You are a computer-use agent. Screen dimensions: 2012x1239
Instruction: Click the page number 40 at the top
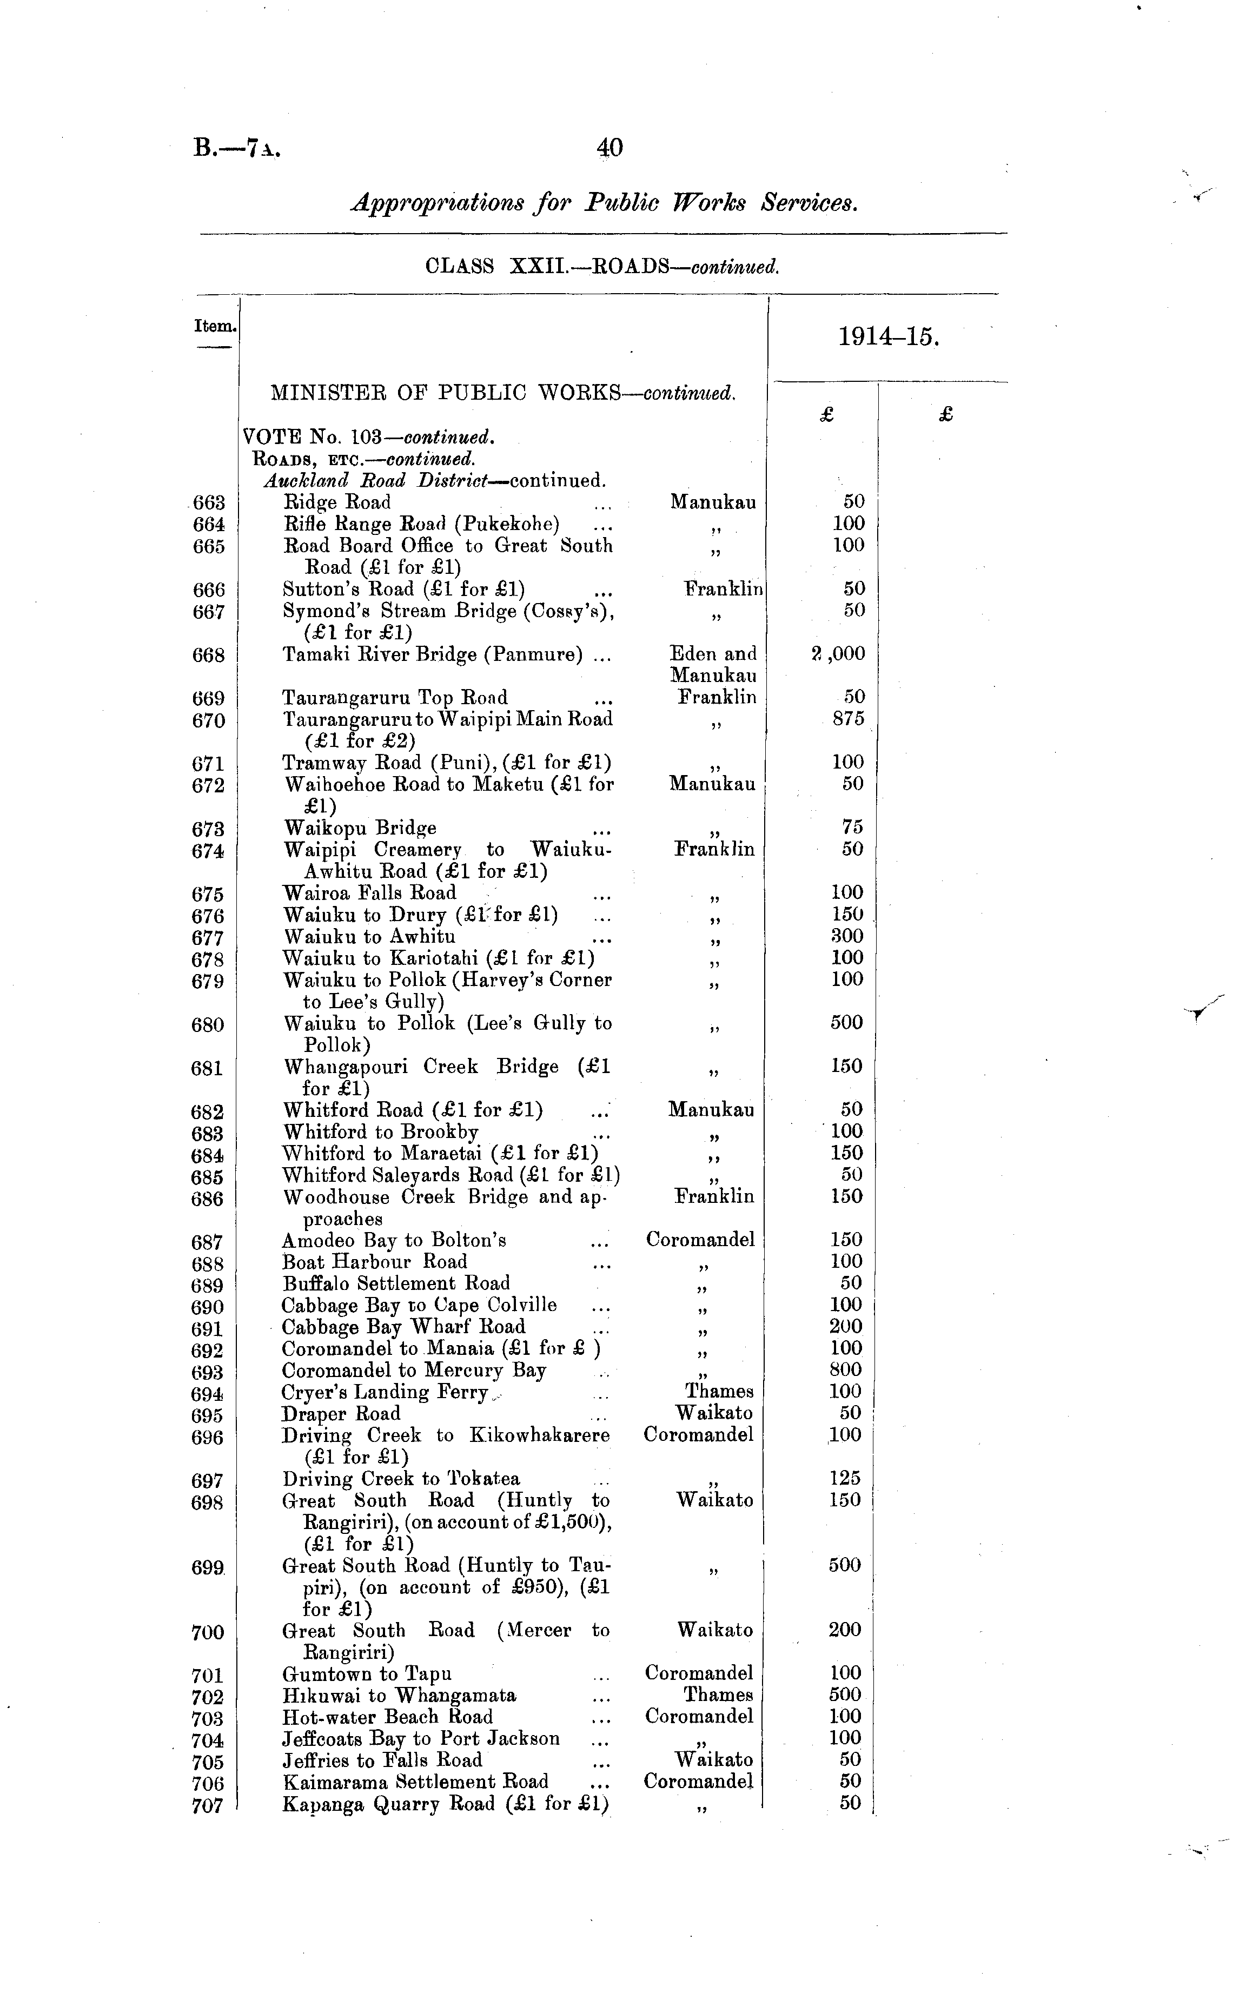(x=609, y=148)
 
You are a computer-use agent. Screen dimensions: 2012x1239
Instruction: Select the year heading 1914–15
(x=887, y=337)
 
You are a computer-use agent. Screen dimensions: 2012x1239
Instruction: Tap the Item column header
(x=215, y=326)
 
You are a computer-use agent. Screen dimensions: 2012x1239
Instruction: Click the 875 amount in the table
(x=847, y=719)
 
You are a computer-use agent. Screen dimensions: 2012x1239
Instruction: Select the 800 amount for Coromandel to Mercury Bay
(x=846, y=1369)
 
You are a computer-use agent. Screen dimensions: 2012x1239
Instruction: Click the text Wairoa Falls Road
(x=369, y=892)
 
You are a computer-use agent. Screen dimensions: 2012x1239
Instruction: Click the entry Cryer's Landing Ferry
(x=385, y=1392)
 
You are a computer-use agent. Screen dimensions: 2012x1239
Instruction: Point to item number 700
(x=207, y=1632)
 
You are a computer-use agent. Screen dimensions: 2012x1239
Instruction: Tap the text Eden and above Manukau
(x=713, y=654)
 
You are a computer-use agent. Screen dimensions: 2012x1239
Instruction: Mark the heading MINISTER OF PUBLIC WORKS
(x=445, y=393)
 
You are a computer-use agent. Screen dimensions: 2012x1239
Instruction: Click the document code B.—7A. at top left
(x=237, y=148)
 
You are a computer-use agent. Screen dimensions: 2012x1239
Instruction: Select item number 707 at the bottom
(x=207, y=1805)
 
